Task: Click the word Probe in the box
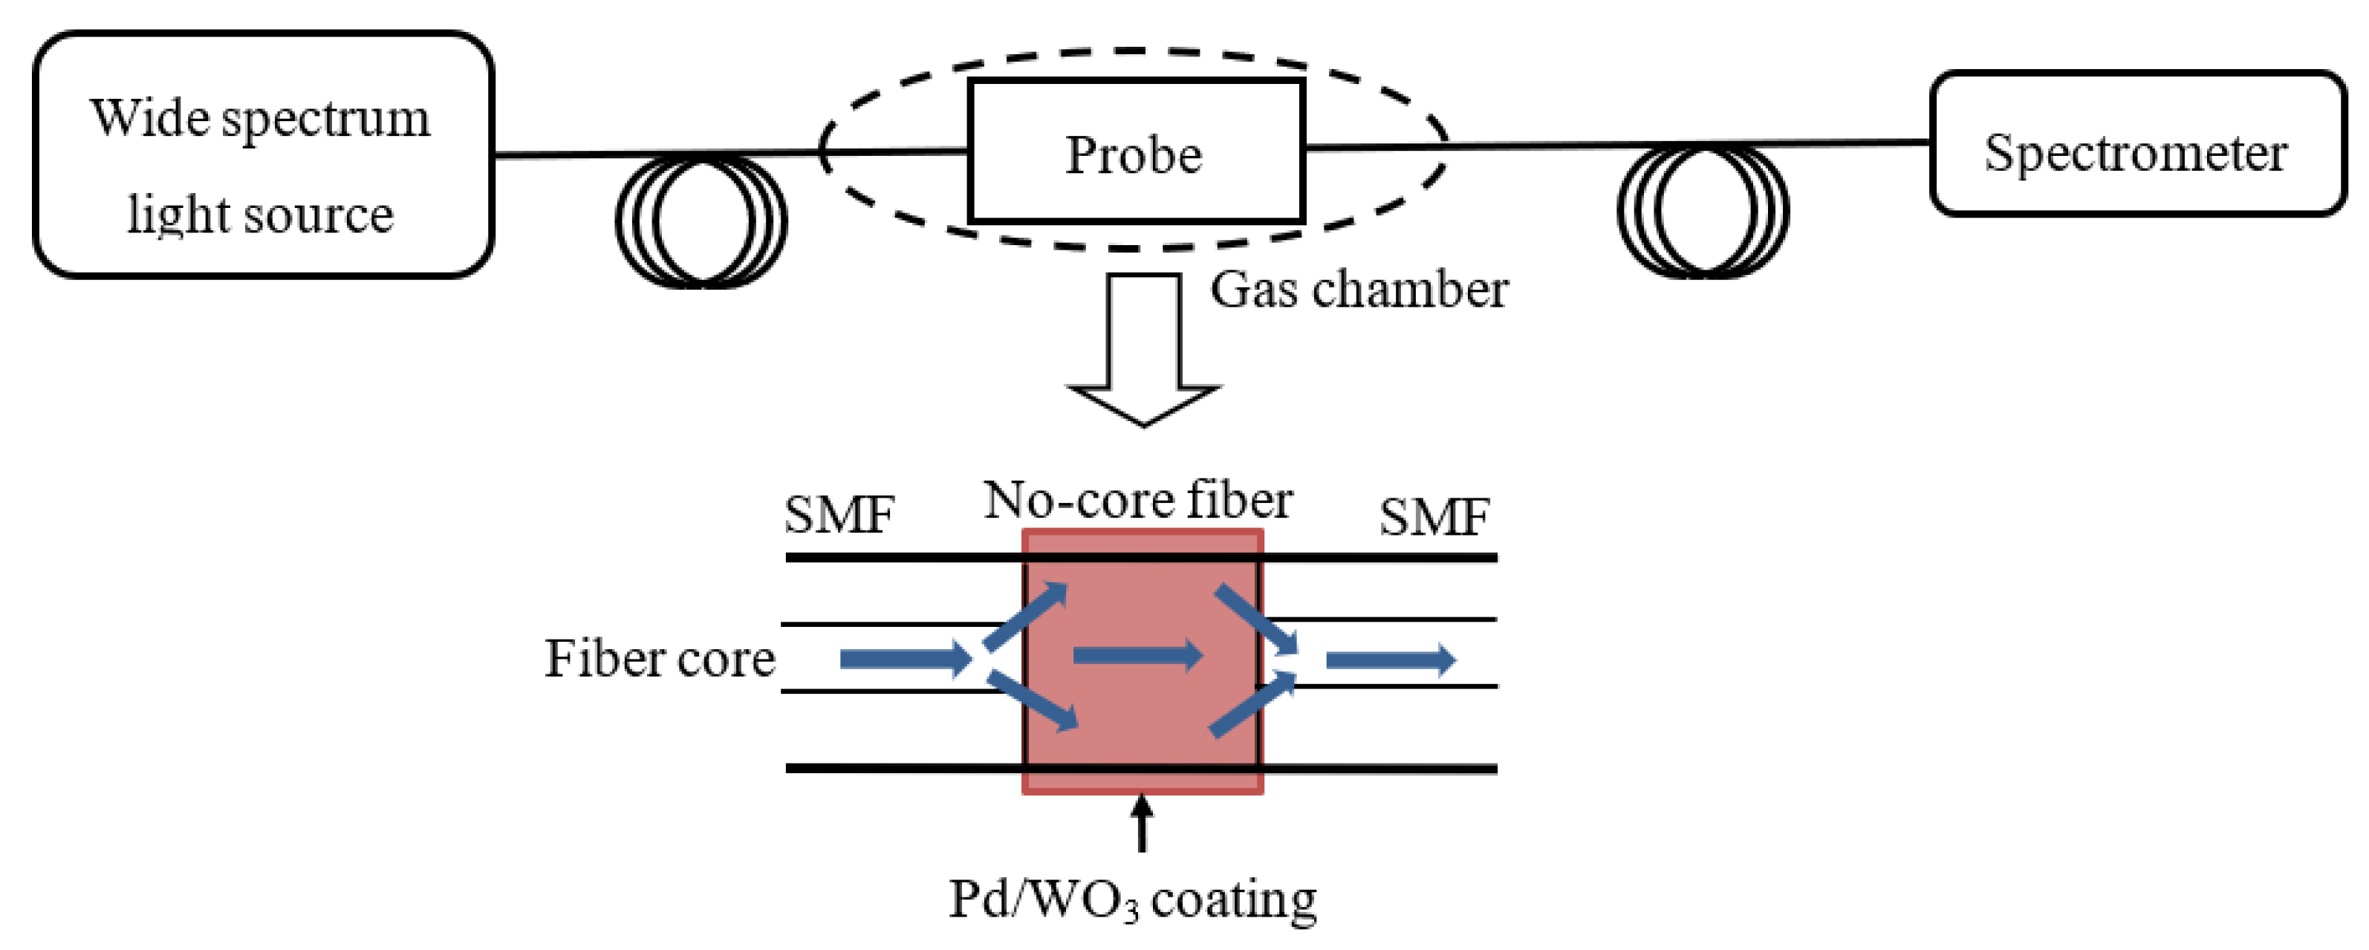pos(1133,154)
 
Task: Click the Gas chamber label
pos(1358,290)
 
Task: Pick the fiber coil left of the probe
pos(701,221)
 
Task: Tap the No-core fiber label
pos(1137,501)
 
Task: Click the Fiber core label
pos(660,659)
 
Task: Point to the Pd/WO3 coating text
pos(1132,899)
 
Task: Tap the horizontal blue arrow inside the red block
pos(1137,655)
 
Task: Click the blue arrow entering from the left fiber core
pos(905,659)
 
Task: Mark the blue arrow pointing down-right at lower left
pos(1032,700)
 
